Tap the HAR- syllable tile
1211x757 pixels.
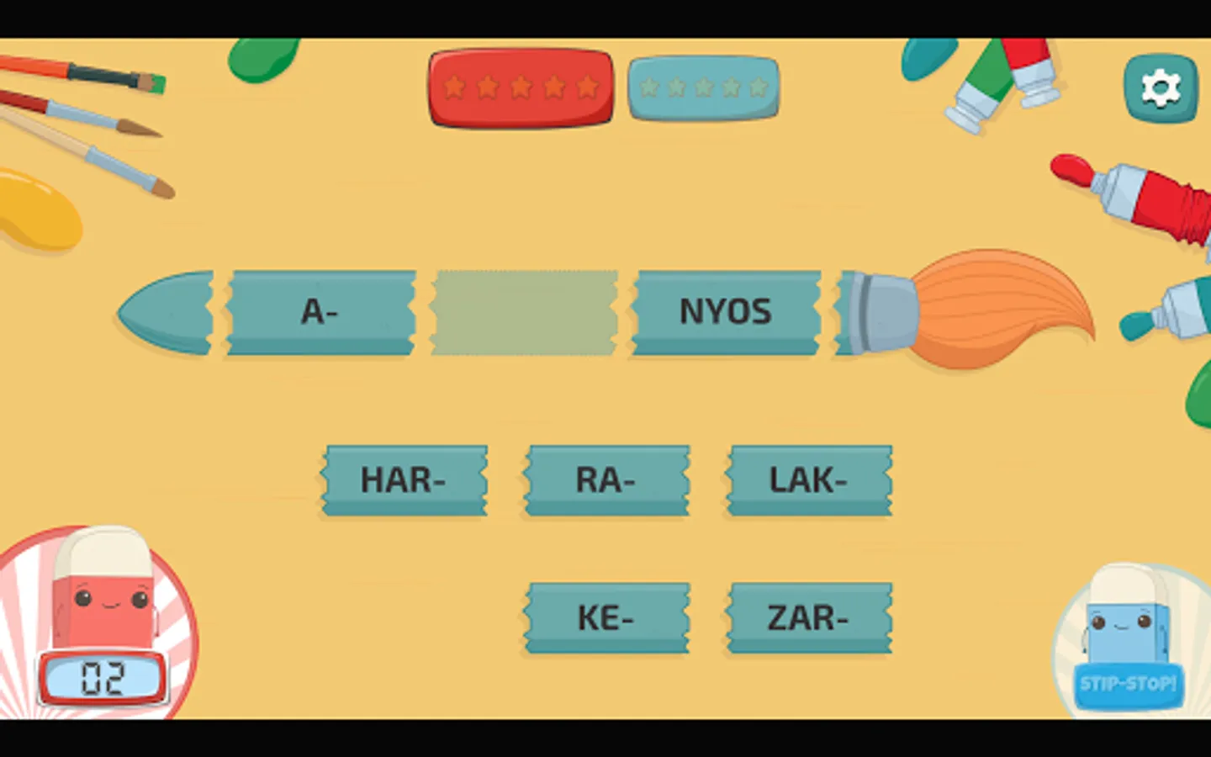(x=405, y=480)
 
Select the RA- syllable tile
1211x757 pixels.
(x=606, y=480)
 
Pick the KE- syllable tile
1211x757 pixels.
(x=606, y=618)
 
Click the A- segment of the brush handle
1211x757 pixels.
(x=320, y=312)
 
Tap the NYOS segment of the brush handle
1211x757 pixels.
(x=726, y=312)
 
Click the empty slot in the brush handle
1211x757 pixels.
(x=524, y=312)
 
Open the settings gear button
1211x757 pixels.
(x=1161, y=87)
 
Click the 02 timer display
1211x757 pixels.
(x=103, y=678)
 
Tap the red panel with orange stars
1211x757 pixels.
(x=521, y=87)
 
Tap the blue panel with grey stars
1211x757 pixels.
(x=703, y=87)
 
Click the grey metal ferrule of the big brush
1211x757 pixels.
(x=879, y=312)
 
